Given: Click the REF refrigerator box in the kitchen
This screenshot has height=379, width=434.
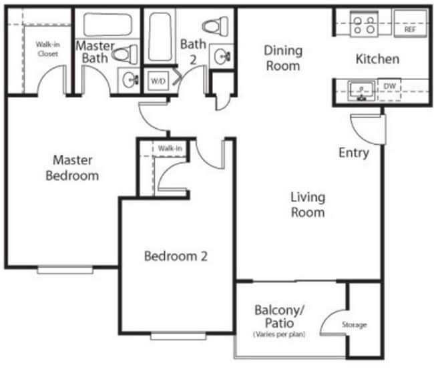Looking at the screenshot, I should (410, 25).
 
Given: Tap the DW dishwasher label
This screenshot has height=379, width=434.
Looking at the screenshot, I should (390, 86).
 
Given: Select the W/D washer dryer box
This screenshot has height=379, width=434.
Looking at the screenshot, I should (158, 81).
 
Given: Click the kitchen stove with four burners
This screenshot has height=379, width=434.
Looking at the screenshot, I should (364, 25).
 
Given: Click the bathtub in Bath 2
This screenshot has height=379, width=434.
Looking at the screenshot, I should (161, 37).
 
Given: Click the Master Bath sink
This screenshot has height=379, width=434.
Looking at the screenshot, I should (130, 80).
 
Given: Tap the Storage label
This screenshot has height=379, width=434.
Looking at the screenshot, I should (355, 325).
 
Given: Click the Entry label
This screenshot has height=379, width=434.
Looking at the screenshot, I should (353, 153).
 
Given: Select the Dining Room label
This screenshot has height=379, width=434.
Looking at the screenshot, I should (282, 58).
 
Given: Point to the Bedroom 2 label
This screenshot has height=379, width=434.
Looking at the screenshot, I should (172, 256).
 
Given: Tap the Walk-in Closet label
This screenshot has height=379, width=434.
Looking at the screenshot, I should (47, 49).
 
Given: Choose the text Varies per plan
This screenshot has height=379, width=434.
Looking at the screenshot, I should (279, 333).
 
